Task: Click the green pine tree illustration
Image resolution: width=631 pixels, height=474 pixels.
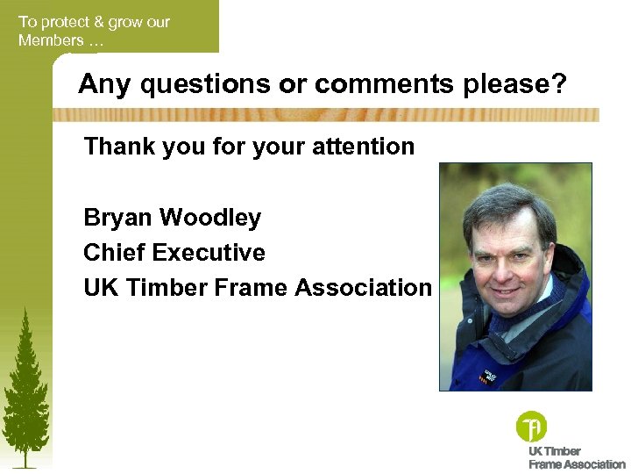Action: [25, 386]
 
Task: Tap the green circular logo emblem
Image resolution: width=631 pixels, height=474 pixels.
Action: [531, 427]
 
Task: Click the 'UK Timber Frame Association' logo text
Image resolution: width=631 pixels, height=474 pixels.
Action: [576, 458]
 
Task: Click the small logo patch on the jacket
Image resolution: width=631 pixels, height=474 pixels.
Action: [487, 377]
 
